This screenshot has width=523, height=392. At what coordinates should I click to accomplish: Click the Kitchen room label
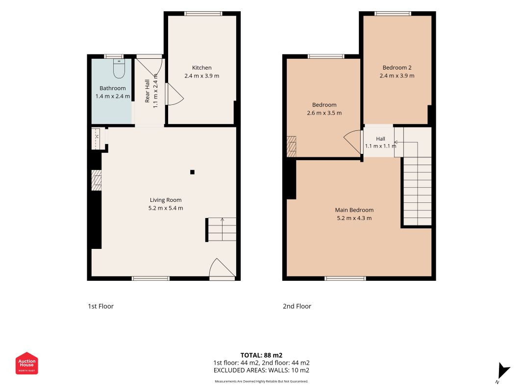click(x=201, y=68)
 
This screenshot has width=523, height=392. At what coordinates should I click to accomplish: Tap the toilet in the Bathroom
click(x=119, y=68)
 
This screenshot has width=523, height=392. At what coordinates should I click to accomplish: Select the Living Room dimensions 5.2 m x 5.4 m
click(x=166, y=208)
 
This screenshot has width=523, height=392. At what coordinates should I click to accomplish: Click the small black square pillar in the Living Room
click(x=192, y=172)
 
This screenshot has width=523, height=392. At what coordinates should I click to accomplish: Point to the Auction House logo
click(x=26, y=363)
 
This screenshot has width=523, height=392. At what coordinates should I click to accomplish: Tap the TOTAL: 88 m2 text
click(x=261, y=355)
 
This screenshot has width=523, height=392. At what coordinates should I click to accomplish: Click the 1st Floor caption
click(x=101, y=306)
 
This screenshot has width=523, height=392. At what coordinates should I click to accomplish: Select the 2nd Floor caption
click(x=297, y=306)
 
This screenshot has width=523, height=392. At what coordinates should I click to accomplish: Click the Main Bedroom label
click(x=354, y=210)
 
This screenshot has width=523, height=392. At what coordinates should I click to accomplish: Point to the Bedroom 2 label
click(x=397, y=68)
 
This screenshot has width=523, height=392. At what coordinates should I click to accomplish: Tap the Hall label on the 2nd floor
click(x=380, y=139)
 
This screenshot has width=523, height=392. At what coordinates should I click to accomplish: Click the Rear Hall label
click(x=147, y=91)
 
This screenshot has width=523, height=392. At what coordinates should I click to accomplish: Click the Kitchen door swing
click(x=174, y=94)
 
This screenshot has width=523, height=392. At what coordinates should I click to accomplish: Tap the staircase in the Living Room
click(x=221, y=229)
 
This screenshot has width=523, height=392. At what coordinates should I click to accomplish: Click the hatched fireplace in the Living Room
click(x=97, y=180)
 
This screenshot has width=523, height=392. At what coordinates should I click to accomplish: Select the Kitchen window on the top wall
click(x=203, y=14)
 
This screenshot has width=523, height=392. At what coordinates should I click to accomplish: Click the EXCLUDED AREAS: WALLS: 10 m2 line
click(x=261, y=370)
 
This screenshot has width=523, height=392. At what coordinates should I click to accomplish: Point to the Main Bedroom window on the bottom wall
click(x=345, y=278)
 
